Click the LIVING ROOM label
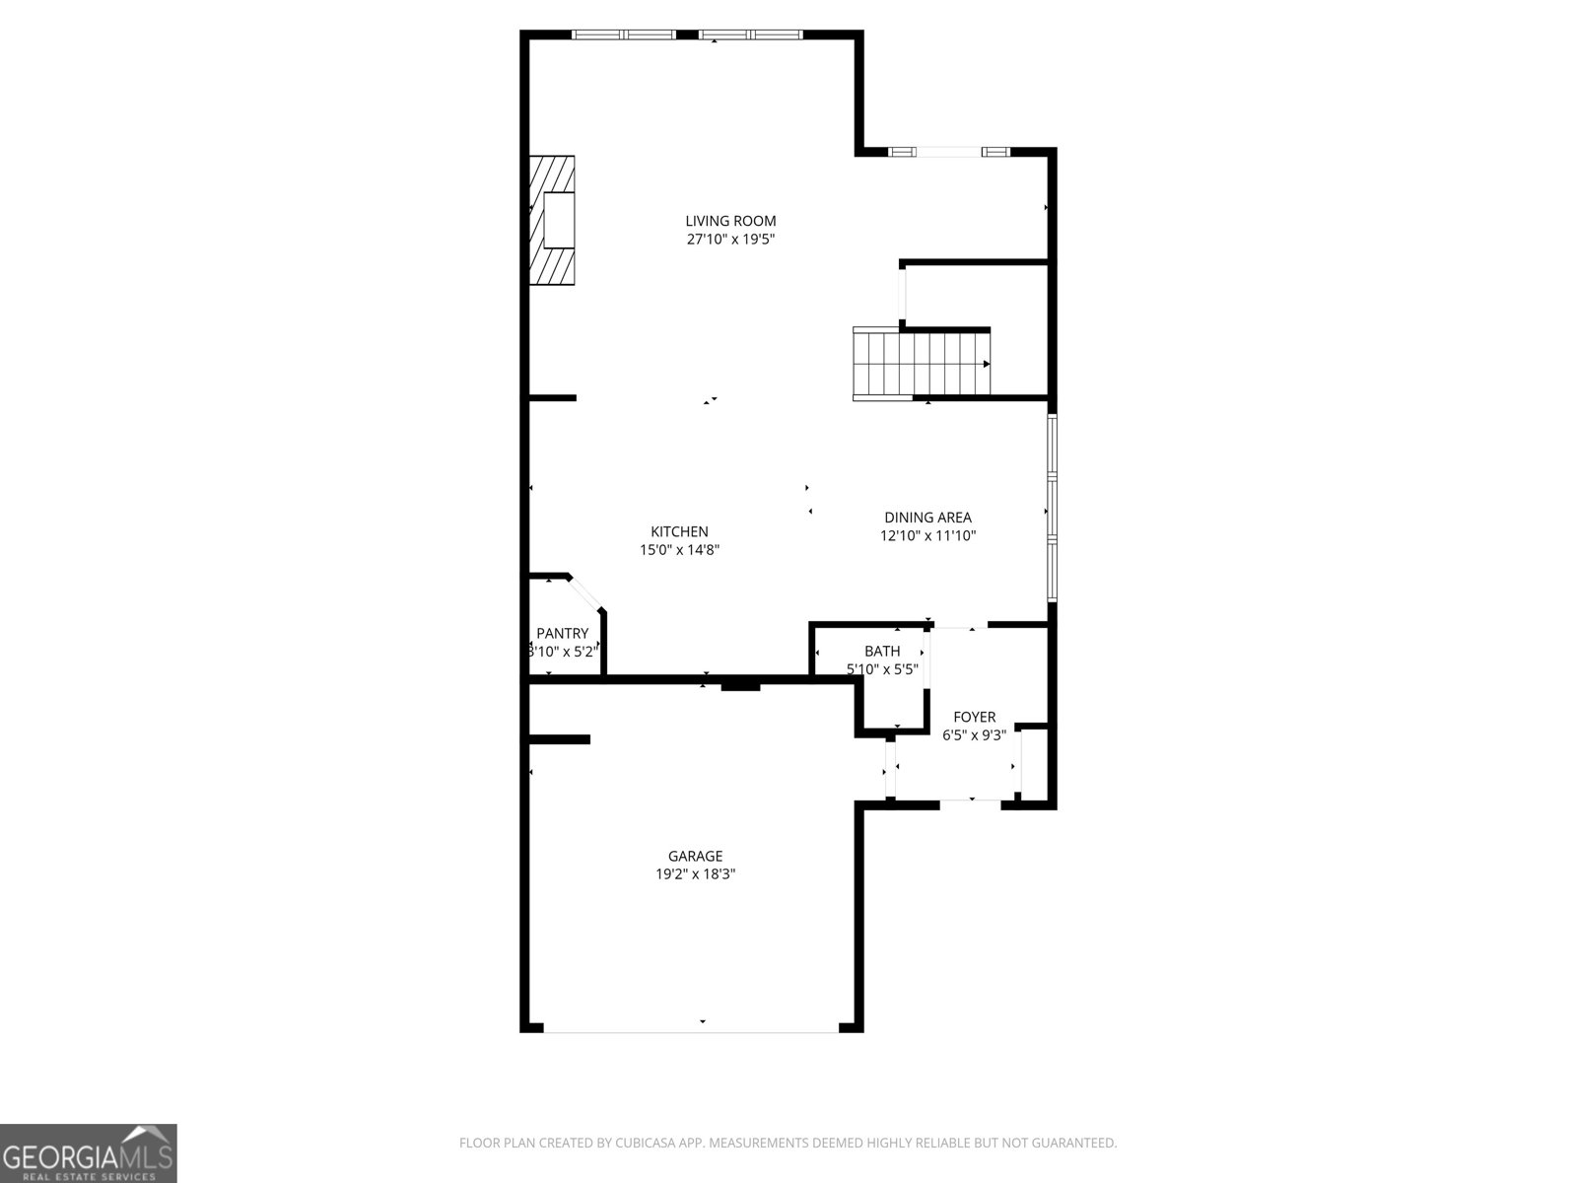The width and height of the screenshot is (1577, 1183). [730, 221]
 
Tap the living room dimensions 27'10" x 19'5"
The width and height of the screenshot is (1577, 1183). [730, 240]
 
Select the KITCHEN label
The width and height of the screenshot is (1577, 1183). [679, 531]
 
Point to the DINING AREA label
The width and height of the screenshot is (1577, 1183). [927, 518]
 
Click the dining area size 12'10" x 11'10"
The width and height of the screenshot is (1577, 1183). [927, 536]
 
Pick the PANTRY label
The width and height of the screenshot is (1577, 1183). [562, 634]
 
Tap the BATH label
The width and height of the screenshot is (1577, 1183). [882, 651]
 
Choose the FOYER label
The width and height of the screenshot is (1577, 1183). [974, 717]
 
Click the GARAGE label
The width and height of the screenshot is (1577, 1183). [695, 856]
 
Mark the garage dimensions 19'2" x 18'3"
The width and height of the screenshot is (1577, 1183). [695, 874]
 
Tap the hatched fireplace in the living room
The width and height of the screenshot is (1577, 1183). [552, 220]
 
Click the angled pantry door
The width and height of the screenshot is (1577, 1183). [587, 593]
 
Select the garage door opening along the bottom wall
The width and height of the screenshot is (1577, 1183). [692, 1031]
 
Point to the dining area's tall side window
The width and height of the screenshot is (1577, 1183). [1052, 508]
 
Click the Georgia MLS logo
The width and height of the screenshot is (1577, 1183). [88, 1153]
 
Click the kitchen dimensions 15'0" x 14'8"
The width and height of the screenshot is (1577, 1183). [679, 550]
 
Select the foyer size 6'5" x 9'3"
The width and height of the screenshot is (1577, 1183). [974, 735]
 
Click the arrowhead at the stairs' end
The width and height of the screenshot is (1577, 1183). [986, 364]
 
